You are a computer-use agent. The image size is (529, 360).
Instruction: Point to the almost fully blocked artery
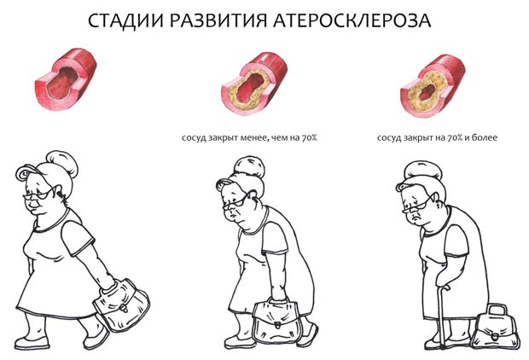pyautogui.click(x=429, y=88)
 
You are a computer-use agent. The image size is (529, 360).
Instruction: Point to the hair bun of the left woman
pyautogui.click(x=61, y=160)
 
